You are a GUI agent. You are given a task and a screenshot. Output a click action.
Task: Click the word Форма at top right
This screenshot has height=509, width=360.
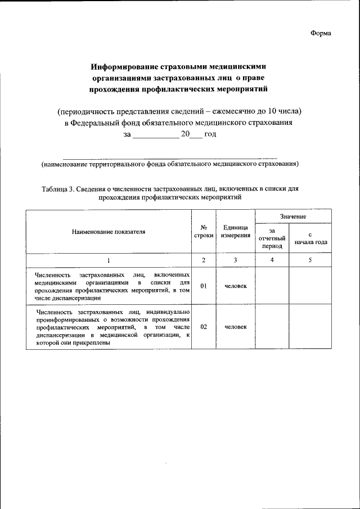321,33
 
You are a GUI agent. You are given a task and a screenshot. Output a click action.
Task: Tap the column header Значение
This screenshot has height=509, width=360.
293,216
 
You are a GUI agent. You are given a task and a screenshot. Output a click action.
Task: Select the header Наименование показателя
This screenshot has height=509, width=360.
108,231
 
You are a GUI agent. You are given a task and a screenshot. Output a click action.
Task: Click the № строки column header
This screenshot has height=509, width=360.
204,231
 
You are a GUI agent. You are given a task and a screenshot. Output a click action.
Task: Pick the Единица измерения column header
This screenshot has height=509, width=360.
236,231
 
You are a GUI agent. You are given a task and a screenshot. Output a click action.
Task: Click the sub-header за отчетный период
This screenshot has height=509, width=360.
272,238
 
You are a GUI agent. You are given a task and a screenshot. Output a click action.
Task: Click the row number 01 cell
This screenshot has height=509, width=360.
204,286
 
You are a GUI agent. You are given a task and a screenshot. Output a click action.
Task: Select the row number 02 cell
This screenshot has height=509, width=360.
204,326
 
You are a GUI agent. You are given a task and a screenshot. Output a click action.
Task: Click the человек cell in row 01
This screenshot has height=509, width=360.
236,286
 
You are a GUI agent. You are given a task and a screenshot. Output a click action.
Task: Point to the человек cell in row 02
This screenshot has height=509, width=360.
236,326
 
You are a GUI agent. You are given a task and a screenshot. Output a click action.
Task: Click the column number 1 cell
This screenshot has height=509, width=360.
108,260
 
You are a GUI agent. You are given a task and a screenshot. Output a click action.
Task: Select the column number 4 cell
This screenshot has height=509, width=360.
272,260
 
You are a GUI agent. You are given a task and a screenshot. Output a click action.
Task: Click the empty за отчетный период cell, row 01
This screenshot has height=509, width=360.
272,286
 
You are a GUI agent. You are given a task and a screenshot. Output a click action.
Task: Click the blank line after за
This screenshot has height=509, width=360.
155,135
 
